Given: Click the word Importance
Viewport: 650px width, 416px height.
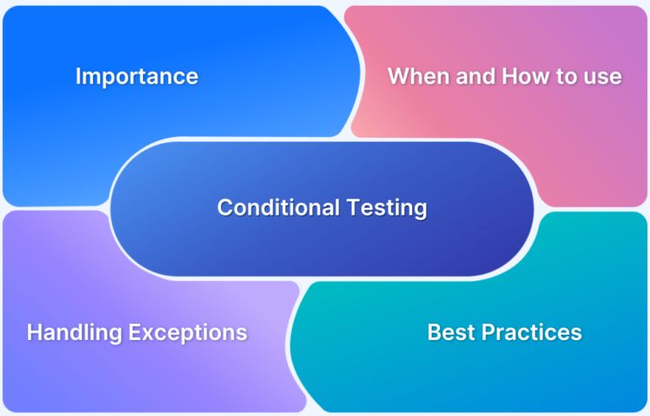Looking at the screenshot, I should click(x=137, y=76).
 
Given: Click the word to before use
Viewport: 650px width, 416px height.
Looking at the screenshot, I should click(x=568, y=76).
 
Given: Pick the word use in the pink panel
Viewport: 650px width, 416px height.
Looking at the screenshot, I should click(x=604, y=77).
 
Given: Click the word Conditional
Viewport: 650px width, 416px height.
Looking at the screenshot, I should click(x=267, y=207).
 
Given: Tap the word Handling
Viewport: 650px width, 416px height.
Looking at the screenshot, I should click(x=74, y=331).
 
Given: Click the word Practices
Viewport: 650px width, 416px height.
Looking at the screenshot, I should click(x=532, y=331).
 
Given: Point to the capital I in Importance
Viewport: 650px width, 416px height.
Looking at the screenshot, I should click(x=78, y=76).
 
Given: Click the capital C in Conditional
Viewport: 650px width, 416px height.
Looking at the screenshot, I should click(x=224, y=207).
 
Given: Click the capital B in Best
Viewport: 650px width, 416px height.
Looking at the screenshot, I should click(x=434, y=331).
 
